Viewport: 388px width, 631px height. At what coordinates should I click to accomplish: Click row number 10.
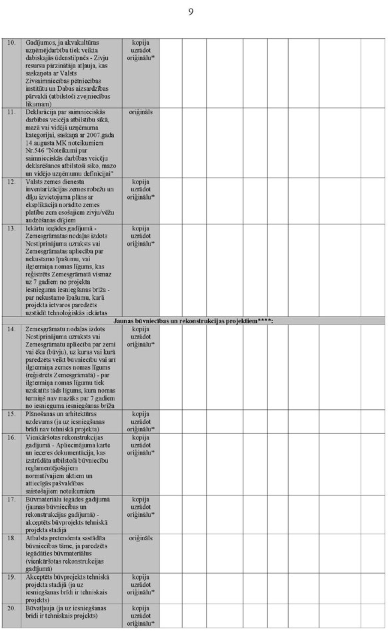click(x=11, y=42)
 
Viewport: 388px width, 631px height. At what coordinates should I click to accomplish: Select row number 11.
click(x=11, y=112)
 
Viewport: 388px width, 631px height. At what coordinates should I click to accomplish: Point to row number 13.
click(x=11, y=228)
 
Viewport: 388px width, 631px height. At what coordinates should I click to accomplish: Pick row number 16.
click(x=11, y=437)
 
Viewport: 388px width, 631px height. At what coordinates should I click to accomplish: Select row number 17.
click(x=11, y=499)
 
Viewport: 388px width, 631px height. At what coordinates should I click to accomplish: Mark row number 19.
click(x=11, y=576)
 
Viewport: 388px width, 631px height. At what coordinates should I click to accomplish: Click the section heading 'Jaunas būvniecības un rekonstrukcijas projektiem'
click(x=193, y=321)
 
